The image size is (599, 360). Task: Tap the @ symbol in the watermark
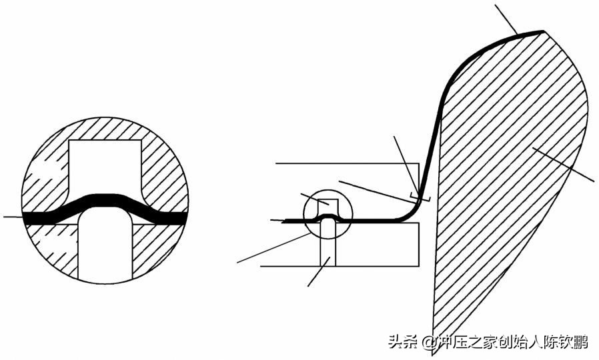point(428,343)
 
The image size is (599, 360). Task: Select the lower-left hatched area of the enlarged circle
point(50,250)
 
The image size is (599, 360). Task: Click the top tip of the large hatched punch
point(543,31)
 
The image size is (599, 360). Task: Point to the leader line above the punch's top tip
point(507,17)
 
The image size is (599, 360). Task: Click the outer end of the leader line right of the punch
point(592,179)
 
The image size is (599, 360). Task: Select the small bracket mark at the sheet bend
point(420,196)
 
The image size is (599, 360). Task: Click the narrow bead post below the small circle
point(328,247)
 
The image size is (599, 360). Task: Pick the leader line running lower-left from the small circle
point(267,250)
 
